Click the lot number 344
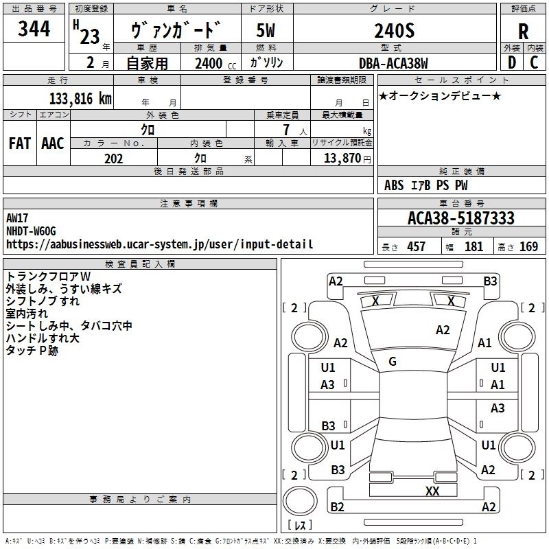[34, 29]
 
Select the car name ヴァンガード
[176, 30]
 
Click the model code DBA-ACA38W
[393, 63]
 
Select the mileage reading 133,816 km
[80, 99]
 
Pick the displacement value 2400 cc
[211, 63]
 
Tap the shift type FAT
[20, 143]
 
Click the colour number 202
[113, 159]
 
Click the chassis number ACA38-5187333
[460, 218]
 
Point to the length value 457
[416, 246]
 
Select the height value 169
[528, 246]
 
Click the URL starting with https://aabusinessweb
[159, 244]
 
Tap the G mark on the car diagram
[393, 361]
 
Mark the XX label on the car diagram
[432, 491]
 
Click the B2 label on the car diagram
[337, 507]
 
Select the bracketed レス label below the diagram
[299, 525]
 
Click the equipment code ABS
[394, 185]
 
